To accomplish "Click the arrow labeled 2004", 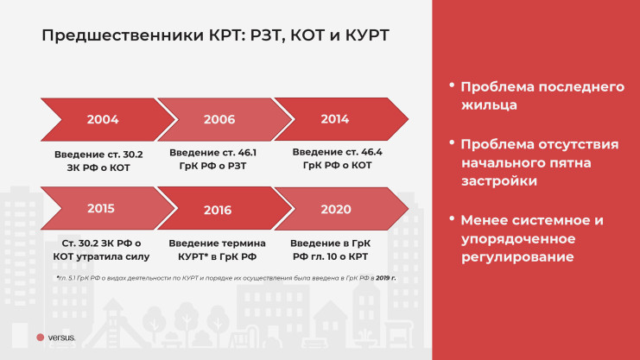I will click(x=102, y=119).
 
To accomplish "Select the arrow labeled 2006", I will click(x=219, y=119).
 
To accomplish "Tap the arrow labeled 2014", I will click(x=334, y=119).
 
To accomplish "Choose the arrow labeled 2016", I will click(x=218, y=210).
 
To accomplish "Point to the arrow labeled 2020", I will click(x=335, y=209).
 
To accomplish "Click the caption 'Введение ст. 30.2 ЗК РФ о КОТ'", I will click(x=98, y=161).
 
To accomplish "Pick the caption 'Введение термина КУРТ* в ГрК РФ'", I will click(x=217, y=250).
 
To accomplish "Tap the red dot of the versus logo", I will click(x=41, y=338).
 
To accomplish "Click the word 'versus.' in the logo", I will click(x=62, y=338).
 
